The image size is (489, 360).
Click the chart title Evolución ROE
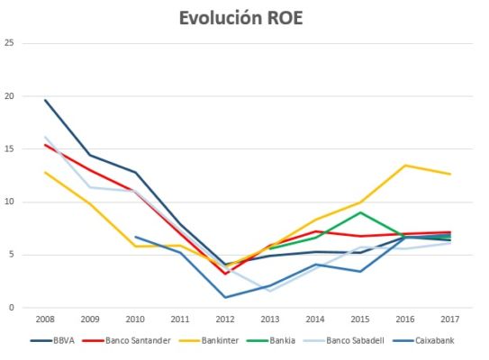pos(243,18)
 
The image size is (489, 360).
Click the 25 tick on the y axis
pos(10,43)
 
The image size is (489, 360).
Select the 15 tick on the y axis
pos(10,148)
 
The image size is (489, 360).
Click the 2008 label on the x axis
pos(44,319)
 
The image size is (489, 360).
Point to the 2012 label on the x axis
pos(224,319)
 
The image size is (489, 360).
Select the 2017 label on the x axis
pos(449,319)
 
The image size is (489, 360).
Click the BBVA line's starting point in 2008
pos(44,100)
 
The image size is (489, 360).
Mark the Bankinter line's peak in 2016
pos(404,165)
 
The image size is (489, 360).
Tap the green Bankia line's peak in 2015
pos(359,212)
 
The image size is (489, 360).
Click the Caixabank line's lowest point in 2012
pos(224,297)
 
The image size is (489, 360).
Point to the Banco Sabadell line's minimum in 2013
pos(269,291)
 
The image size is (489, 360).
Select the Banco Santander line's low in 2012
pos(224,274)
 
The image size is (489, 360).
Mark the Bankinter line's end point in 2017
pos(449,174)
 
